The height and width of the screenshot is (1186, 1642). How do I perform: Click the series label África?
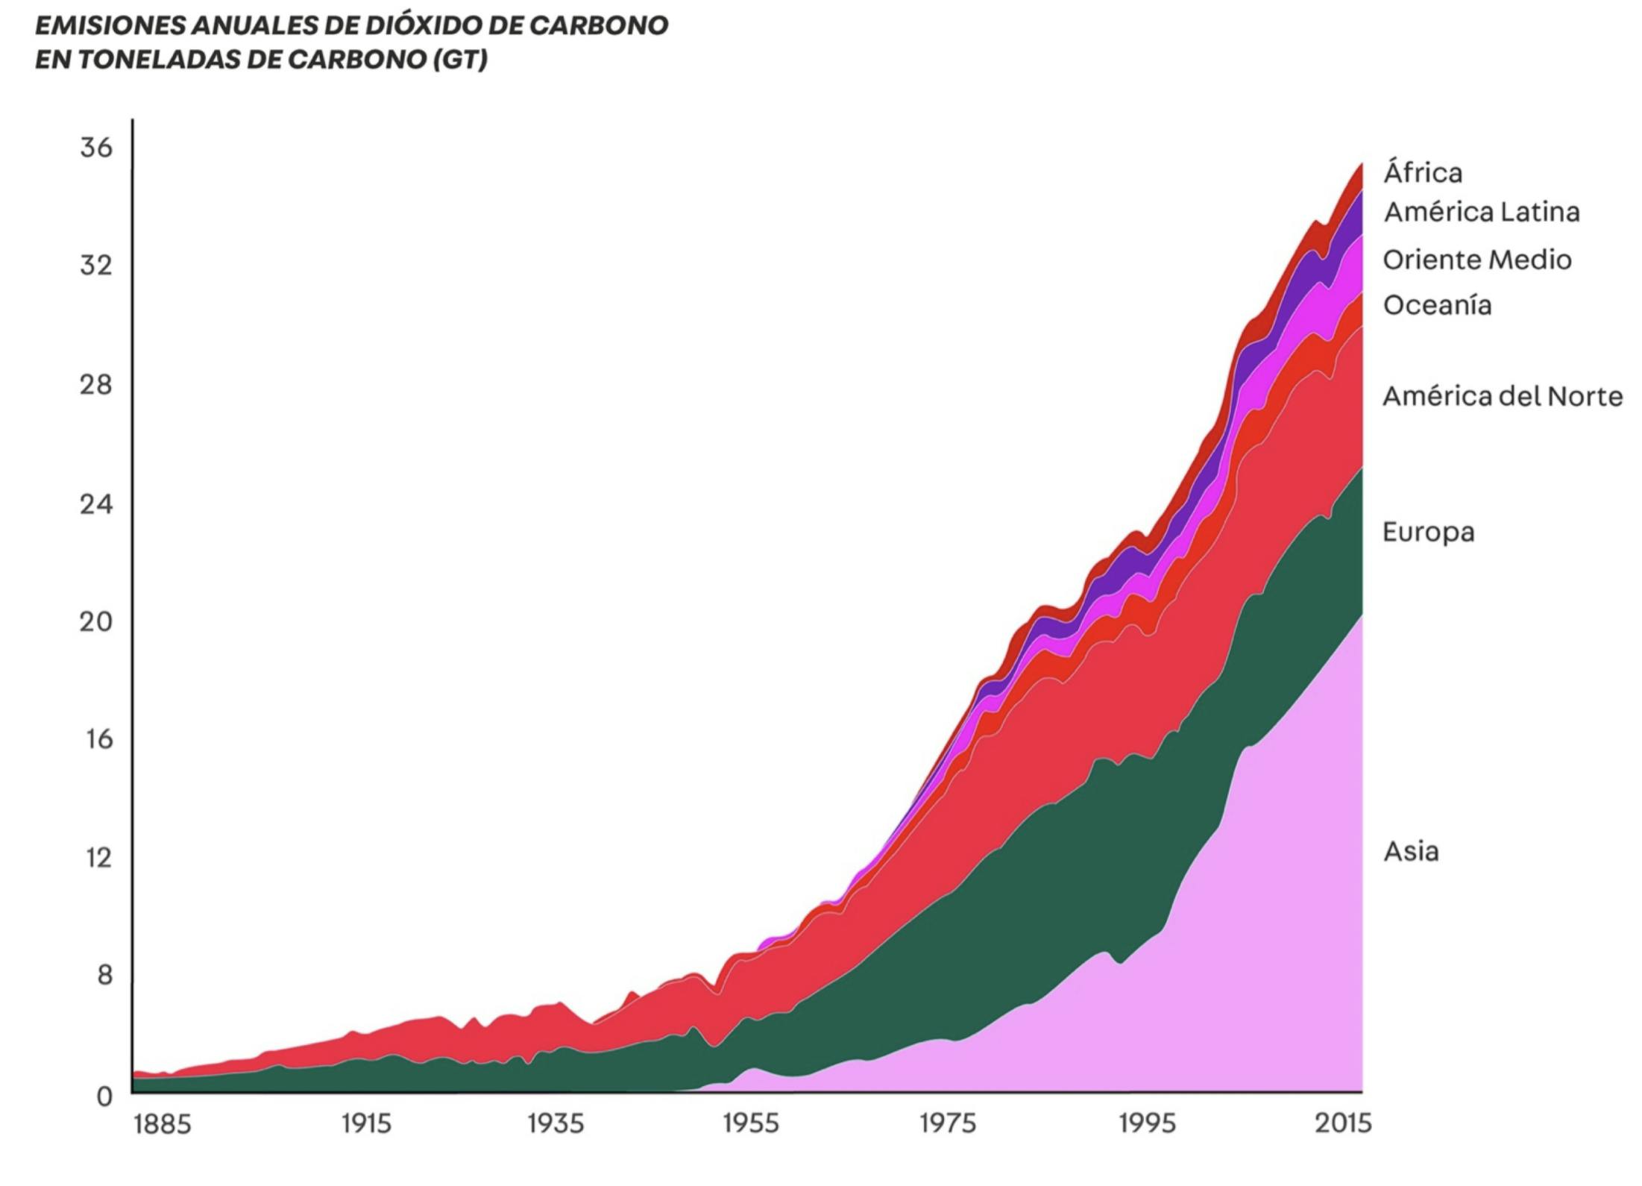click(1423, 173)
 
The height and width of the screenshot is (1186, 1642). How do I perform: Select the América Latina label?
click(1482, 213)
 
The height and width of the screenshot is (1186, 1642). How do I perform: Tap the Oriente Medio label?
click(1477, 260)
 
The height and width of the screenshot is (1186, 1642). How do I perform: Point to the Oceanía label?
click(1437, 306)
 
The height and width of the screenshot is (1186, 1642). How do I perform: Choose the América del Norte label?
click(1503, 396)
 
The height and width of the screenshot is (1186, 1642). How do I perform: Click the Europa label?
click(1428, 533)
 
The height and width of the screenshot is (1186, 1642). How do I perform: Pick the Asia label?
click(1411, 851)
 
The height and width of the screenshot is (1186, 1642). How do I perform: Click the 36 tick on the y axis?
click(96, 148)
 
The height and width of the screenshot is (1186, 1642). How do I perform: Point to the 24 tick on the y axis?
click(96, 505)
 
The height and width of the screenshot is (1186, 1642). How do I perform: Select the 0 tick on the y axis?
click(104, 1096)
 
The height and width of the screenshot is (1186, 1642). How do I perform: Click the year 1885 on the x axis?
click(163, 1124)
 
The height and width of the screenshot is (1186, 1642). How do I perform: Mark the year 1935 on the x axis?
click(556, 1124)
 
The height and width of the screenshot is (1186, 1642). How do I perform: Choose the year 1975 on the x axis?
click(947, 1124)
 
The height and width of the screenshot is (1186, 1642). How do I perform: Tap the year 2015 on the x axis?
click(1342, 1124)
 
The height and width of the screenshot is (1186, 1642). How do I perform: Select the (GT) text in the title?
click(460, 60)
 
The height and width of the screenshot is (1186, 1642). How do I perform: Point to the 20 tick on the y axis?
click(96, 621)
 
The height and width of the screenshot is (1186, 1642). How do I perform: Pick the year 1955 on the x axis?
click(751, 1124)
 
